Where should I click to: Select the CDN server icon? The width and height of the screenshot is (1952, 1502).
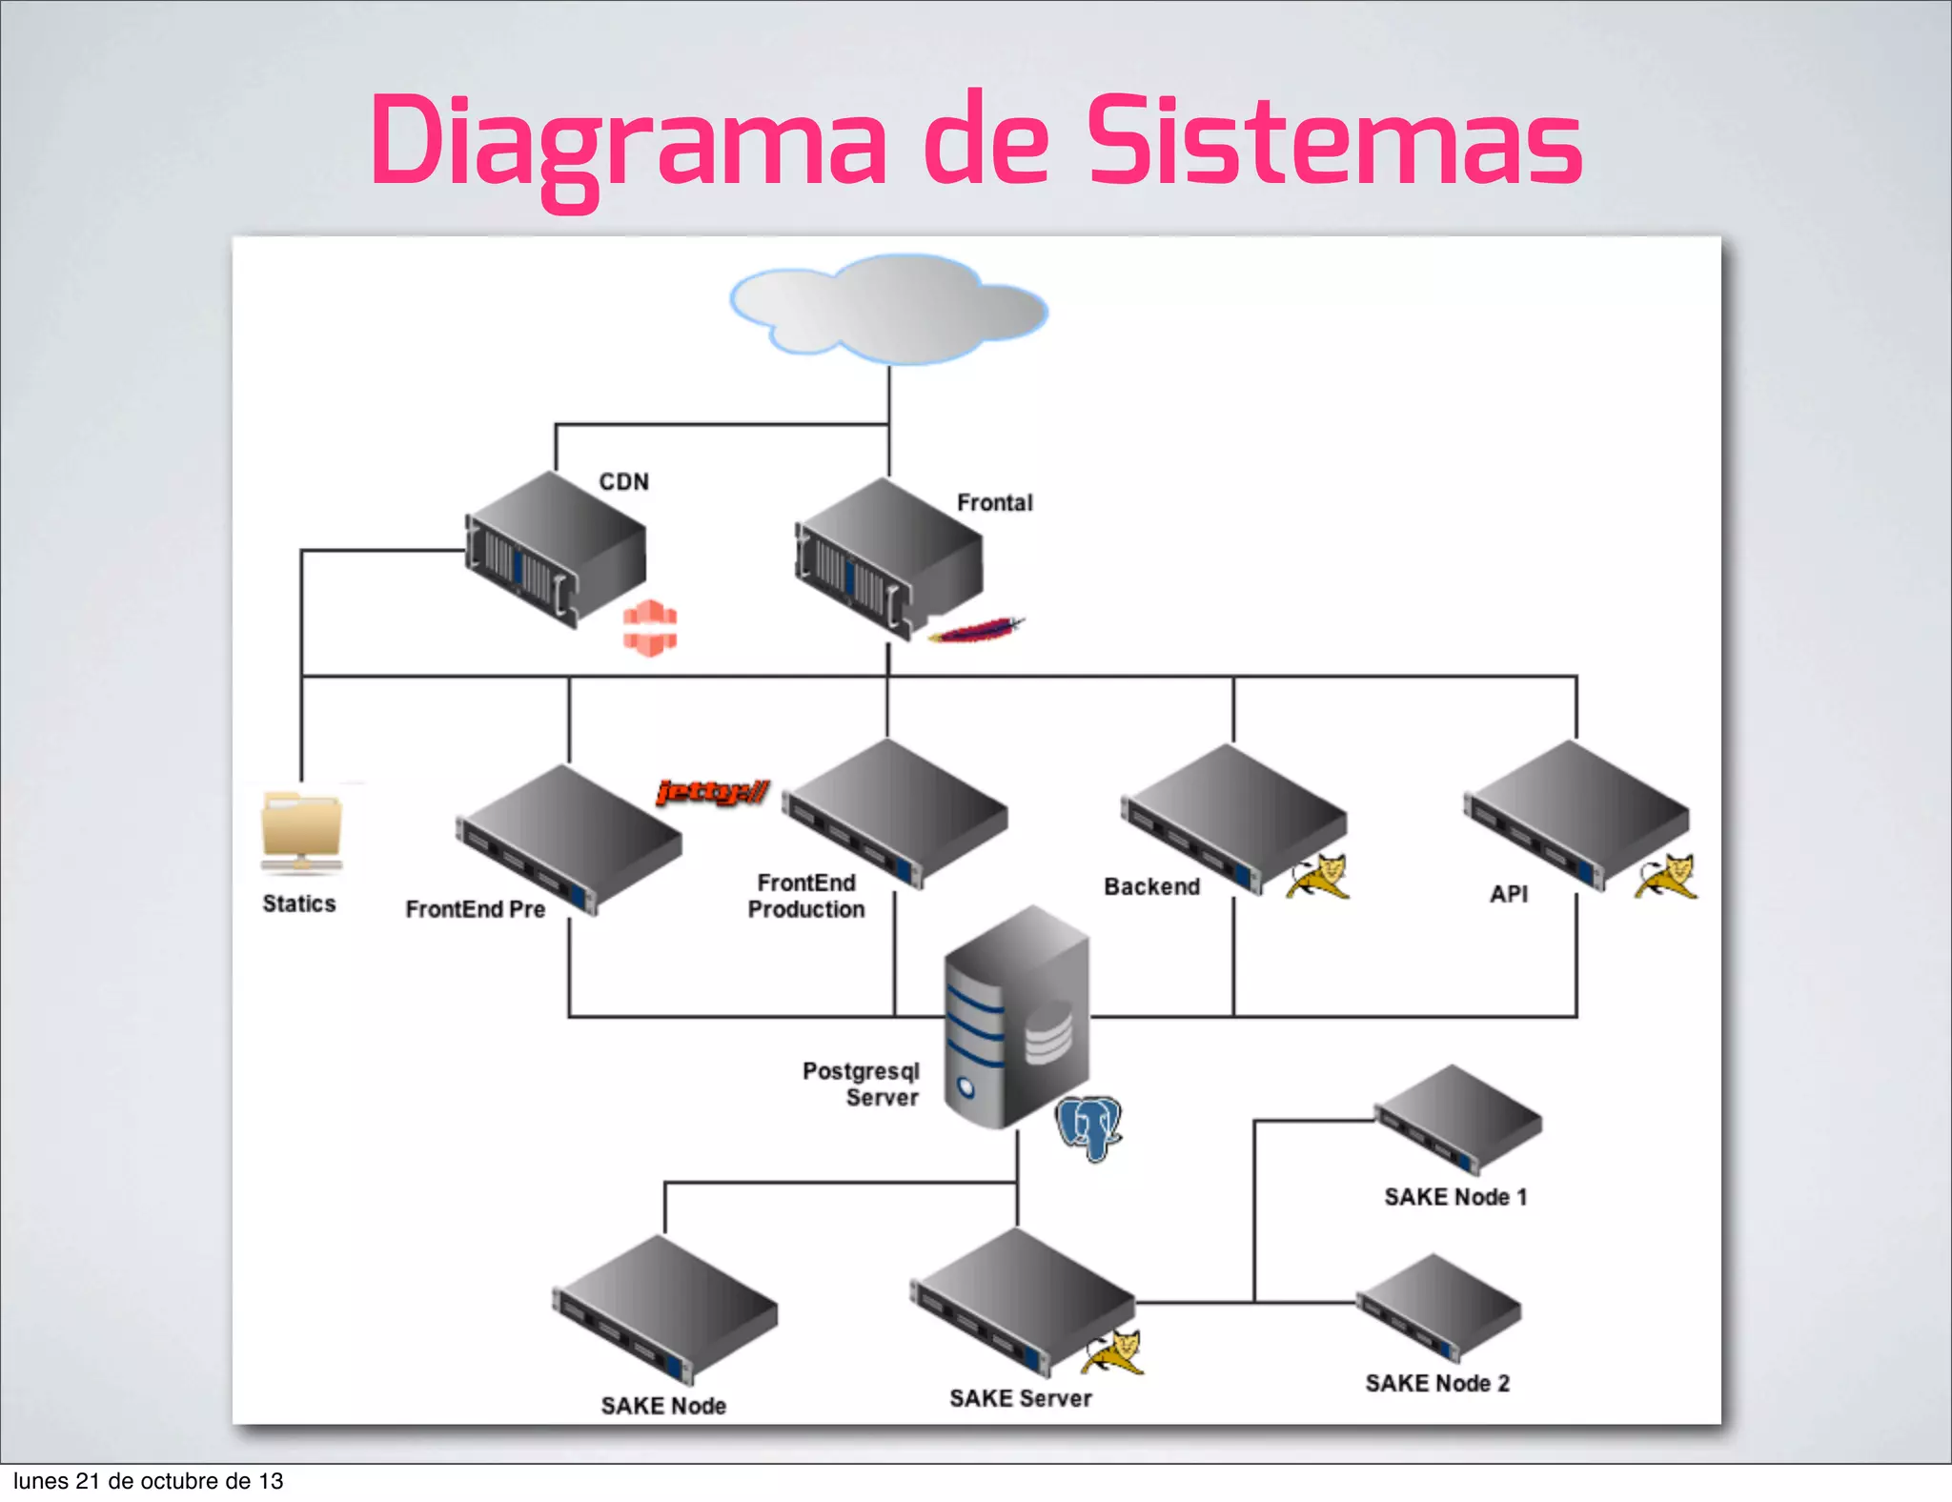click(x=554, y=550)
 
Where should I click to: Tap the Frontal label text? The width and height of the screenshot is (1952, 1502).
click(x=994, y=502)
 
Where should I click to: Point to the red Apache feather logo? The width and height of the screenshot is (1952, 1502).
click(x=975, y=631)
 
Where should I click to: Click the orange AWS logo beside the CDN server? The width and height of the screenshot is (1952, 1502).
click(x=650, y=628)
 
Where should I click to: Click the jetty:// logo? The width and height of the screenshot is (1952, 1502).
click(x=712, y=792)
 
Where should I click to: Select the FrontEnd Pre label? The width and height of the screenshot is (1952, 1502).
click(x=475, y=909)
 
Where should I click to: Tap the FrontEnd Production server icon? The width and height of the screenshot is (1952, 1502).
click(x=894, y=812)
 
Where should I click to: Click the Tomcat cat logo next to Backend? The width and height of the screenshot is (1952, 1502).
click(x=1317, y=877)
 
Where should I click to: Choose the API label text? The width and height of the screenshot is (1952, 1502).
click(x=1509, y=894)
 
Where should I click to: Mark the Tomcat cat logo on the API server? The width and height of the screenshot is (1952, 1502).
click(x=1666, y=877)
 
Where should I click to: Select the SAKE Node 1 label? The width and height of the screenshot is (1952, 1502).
click(x=1455, y=1197)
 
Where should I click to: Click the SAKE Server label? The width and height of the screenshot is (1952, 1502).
click(x=1020, y=1398)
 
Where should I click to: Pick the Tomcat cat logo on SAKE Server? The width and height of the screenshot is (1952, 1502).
click(x=1113, y=1352)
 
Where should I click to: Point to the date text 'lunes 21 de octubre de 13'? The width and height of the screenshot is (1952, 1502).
click(x=148, y=1481)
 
